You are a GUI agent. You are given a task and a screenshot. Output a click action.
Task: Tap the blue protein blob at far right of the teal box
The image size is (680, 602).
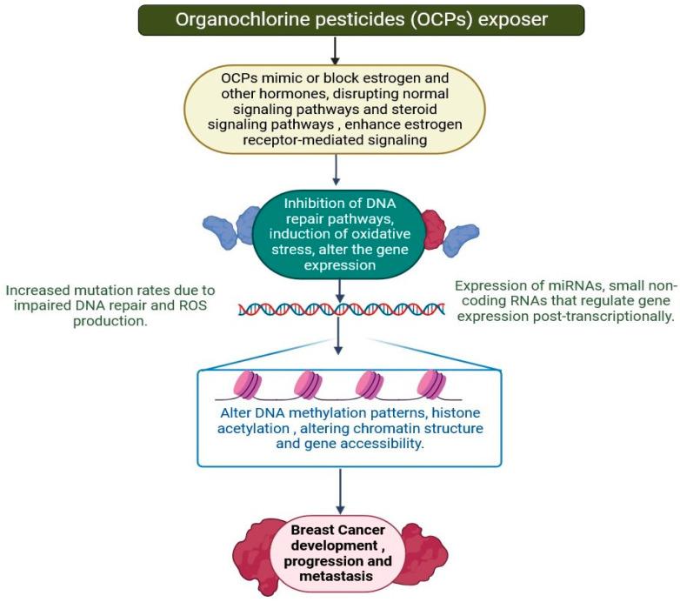[463, 239]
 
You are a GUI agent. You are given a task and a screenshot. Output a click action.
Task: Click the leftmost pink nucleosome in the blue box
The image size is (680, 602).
[247, 384]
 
